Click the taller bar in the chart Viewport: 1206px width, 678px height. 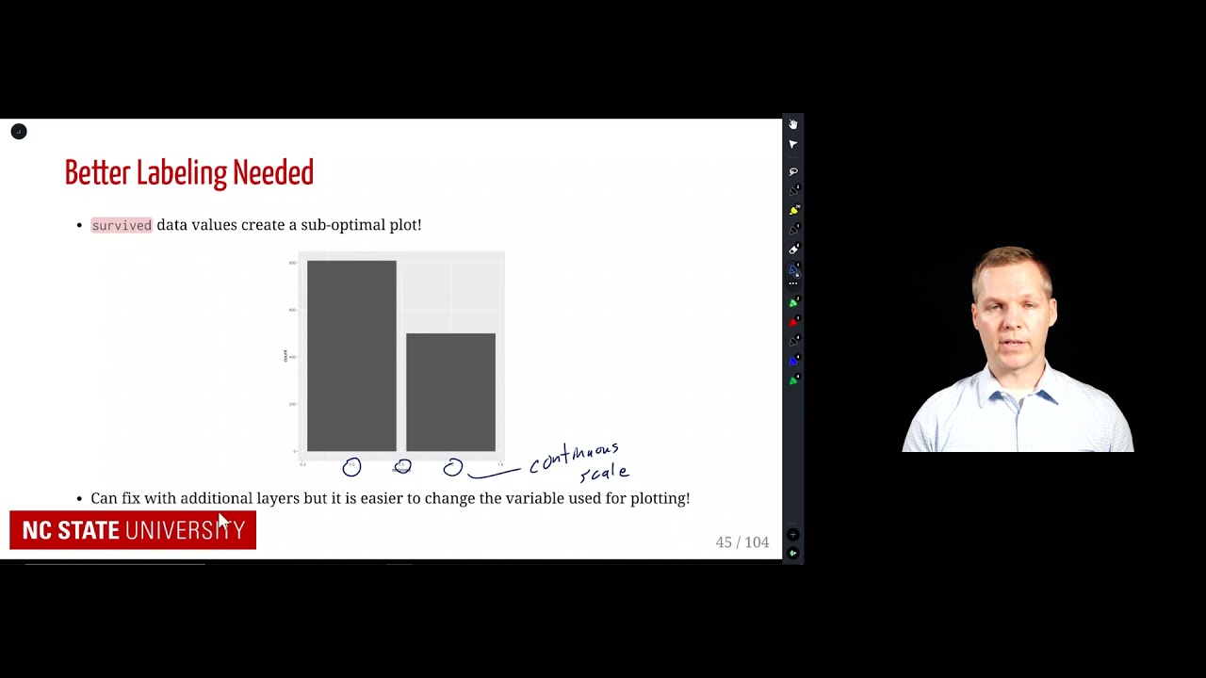click(x=351, y=356)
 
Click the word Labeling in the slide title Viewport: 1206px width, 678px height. click(x=182, y=173)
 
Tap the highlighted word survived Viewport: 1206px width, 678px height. click(x=122, y=225)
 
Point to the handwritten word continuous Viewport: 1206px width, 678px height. click(x=574, y=456)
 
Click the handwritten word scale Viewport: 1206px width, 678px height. click(x=604, y=473)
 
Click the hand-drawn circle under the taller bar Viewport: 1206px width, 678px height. click(x=351, y=467)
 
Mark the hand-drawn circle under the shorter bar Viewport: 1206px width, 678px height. click(x=453, y=467)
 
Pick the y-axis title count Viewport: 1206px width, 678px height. click(x=285, y=355)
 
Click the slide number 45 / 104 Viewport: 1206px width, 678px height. click(x=742, y=542)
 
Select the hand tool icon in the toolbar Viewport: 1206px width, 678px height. click(x=793, y=124)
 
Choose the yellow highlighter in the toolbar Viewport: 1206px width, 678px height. click(x=793, y=210)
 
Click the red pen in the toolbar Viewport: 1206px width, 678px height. click(x=793, y=322)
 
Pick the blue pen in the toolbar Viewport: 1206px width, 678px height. click(x=793, y=361)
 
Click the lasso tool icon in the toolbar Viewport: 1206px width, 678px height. click(x=793, y=171)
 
